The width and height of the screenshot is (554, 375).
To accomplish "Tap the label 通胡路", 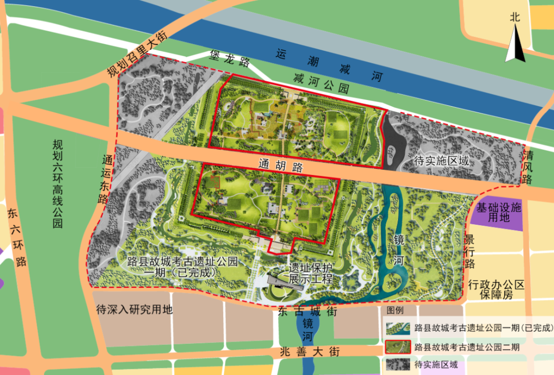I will coord(280,165).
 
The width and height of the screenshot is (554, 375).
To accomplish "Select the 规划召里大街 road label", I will coord(137,54).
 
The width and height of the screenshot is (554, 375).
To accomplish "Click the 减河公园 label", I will coord(321,82).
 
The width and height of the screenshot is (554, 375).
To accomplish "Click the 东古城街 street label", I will coord(307,311).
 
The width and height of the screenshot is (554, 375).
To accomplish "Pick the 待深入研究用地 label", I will coord(134,310).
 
